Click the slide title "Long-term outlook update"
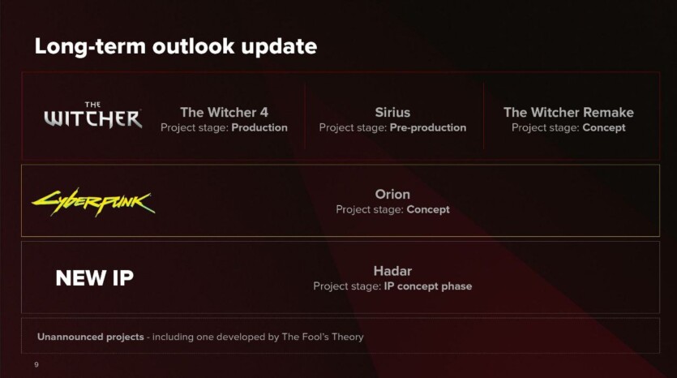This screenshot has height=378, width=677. [x=176, y=47]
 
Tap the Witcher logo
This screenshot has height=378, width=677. [x=92, y=115]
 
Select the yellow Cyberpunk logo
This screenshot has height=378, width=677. [x=93, y=202]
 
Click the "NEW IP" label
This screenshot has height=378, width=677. [x=95, y=277]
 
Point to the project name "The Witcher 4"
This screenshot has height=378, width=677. [x=224, y=112]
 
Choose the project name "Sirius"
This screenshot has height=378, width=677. [x=392, y=112]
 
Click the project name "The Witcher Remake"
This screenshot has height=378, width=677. [x=568, y=112]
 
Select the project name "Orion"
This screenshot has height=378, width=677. [x=392, y=195]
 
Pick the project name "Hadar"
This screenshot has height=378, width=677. [x=392, y=271]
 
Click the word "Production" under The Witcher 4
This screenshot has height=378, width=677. [x=259, y=127]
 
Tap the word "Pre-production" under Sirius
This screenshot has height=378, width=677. [x=428, y=127]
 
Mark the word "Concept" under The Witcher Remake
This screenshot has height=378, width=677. [x=603, y=127]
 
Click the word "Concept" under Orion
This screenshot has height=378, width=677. [x=428, y=209]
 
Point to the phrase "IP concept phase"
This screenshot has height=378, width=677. [x=428, y=286]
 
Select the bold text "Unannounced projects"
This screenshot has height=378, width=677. [x=91, y=337]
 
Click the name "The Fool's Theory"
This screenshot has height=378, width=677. [x=323, y=337]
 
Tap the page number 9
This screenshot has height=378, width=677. [x=36, y=364]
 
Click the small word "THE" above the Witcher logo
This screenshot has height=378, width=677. [x=92, y=105]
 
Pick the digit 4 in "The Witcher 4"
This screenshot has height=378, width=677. [x=264, y=112]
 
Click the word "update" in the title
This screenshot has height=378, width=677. [x=279, y=47]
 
